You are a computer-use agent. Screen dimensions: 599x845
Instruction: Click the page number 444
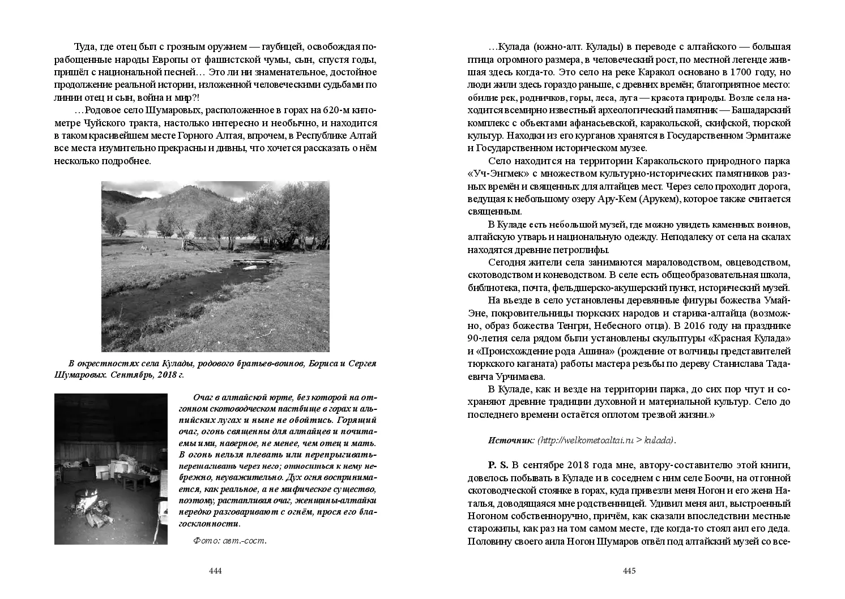215,571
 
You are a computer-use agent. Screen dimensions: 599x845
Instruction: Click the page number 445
629,571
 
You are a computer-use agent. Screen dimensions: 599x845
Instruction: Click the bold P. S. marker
498,465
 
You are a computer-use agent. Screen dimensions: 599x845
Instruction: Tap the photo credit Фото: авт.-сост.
229,540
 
